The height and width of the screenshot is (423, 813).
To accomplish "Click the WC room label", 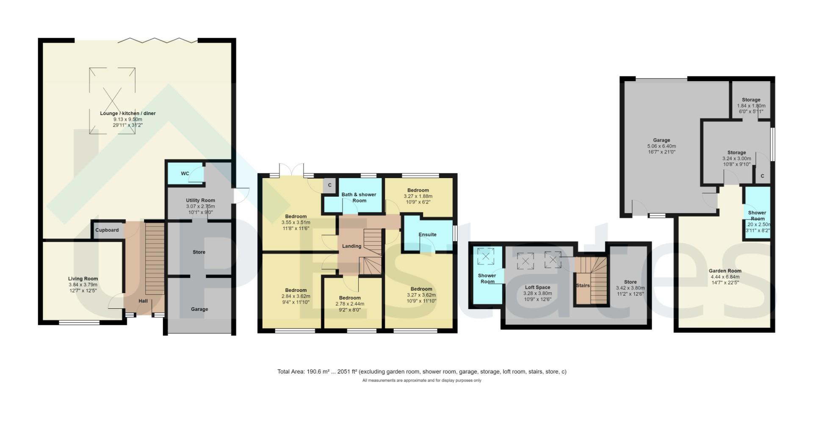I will (185, 174).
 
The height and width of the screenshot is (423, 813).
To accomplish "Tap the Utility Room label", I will (200, 201).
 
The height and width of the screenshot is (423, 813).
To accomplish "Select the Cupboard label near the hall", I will (107, 230).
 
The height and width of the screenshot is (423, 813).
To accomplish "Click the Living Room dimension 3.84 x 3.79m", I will (83, 285).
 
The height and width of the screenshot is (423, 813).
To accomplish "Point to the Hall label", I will (143, 301).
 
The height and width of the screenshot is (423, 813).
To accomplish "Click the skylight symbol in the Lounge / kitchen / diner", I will (113, 101).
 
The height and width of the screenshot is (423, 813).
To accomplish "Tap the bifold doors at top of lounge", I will (158, 41).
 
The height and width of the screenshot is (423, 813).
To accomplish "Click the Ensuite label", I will (427, 235).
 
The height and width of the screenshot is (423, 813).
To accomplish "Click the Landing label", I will (351, 246).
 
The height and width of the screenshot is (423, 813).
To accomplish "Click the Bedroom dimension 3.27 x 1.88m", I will (418, 196).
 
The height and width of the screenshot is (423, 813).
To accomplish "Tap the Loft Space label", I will (537, 287).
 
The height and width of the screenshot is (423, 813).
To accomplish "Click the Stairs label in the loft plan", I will (583, 286).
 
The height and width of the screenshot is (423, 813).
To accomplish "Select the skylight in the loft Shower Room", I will (486, 256).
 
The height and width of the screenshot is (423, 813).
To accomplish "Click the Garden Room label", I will (725, 271).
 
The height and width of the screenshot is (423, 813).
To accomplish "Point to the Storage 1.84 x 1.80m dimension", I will (751, 106).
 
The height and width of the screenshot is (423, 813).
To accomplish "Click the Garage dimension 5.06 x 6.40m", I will (661, 146).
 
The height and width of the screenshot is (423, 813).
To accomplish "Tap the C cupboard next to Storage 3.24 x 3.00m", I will (762, 176).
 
